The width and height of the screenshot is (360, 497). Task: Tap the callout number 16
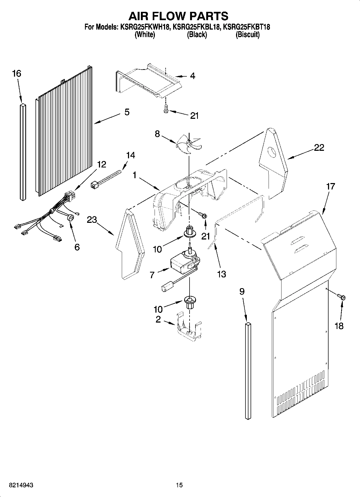click(x=17, y=73)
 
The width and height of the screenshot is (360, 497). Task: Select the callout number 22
click(x=319, y=148)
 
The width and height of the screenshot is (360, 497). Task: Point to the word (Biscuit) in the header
click(x=247, y=35)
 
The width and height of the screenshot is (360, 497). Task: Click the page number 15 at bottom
click(x=179, y=485)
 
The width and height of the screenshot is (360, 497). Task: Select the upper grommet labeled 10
click(x=190, y=231)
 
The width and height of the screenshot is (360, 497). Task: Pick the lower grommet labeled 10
click(x=190, y=301)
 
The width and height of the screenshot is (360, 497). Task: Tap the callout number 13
click(x=222, y=274)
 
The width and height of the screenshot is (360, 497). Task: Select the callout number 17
click(x=331, y=186)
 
